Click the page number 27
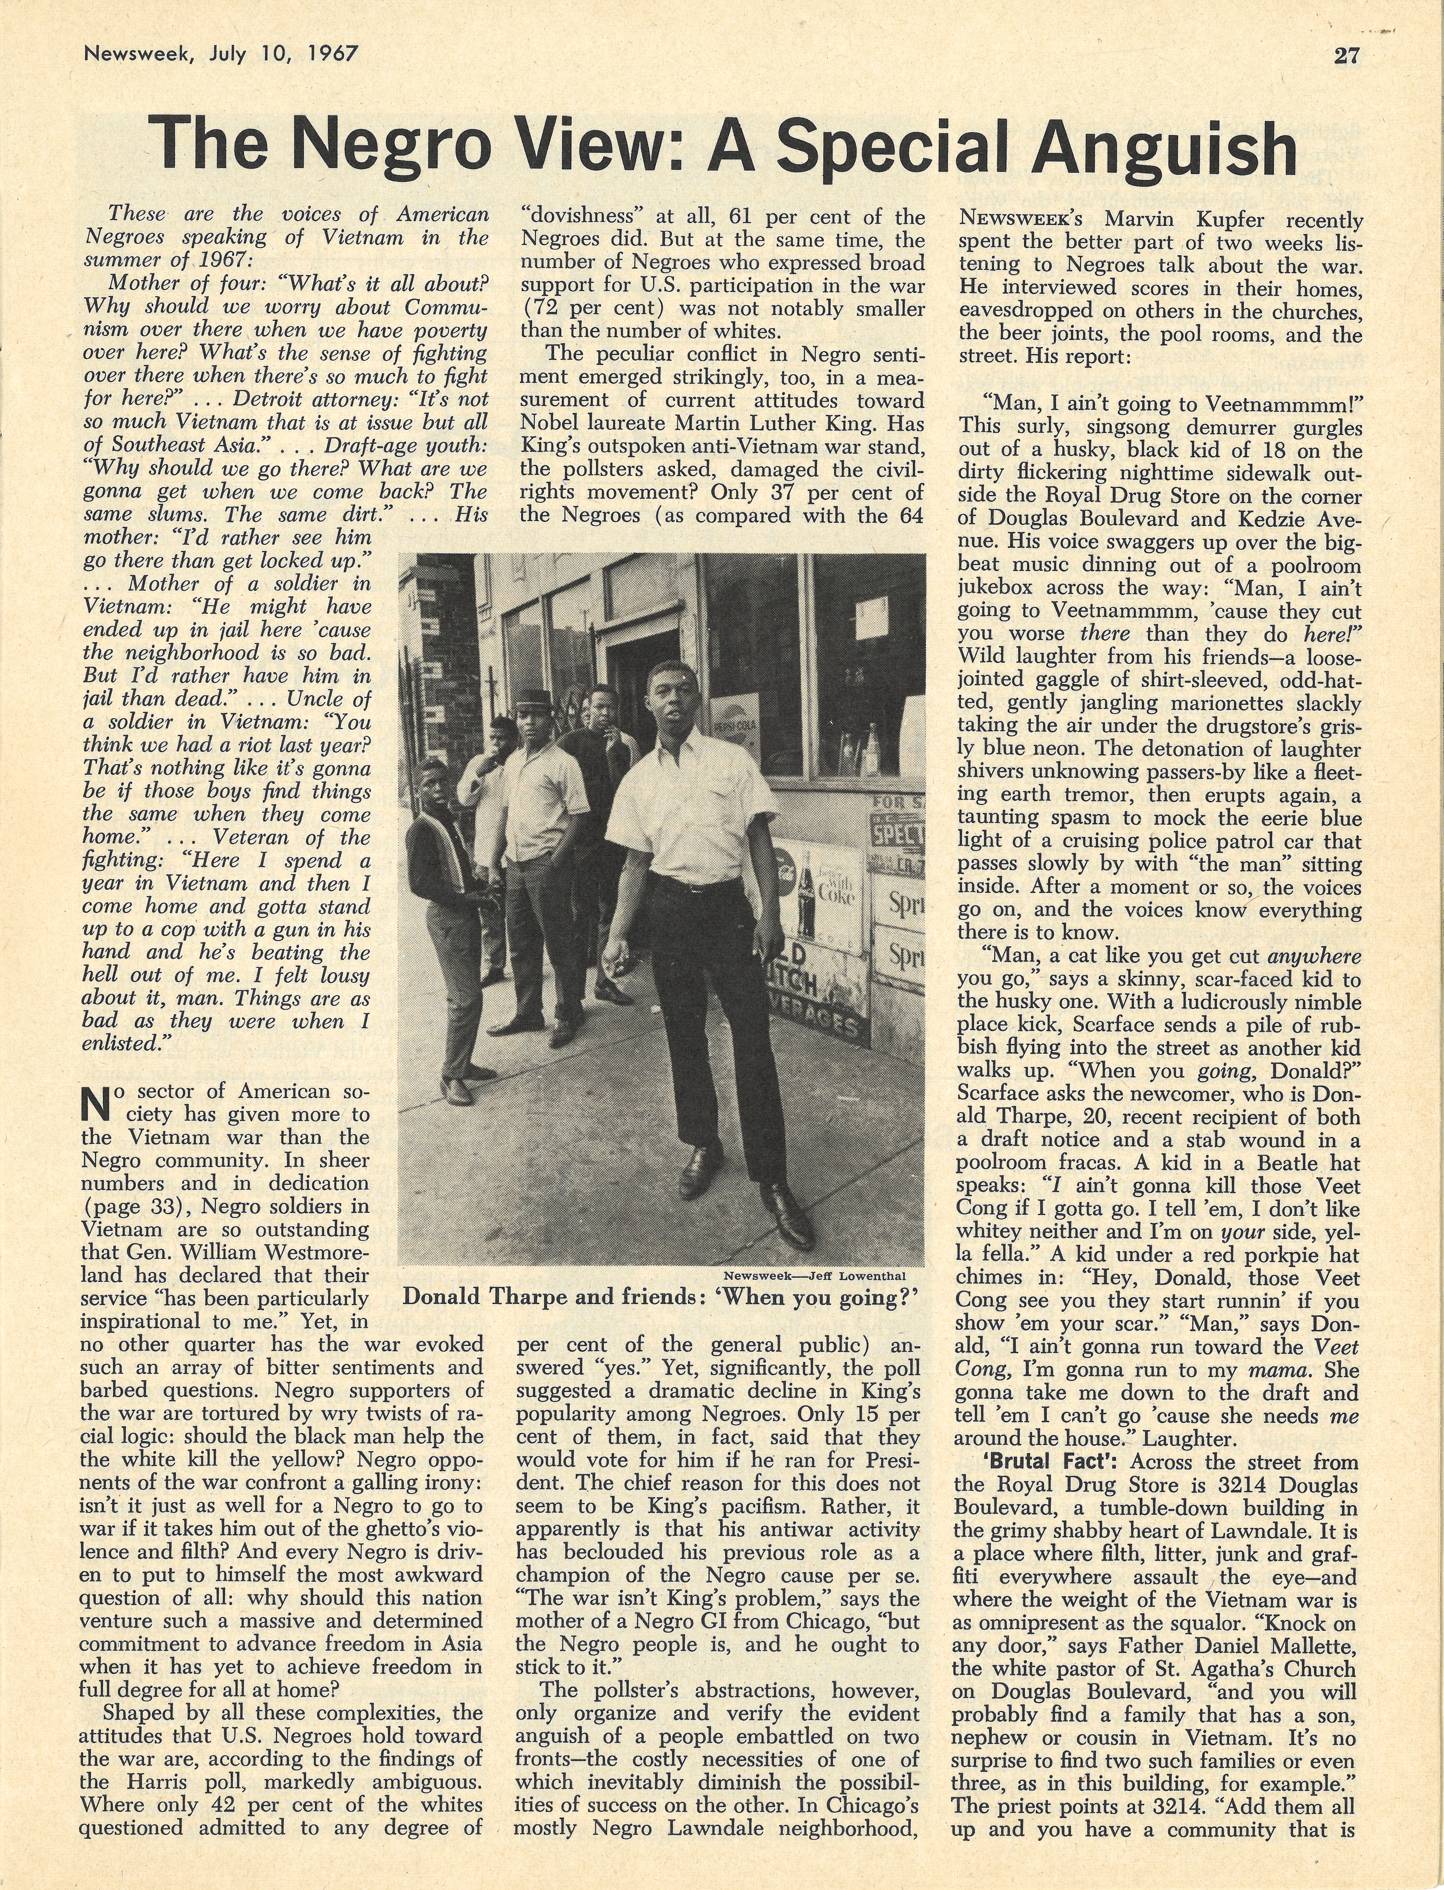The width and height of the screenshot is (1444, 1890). [x=1347, y=56]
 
